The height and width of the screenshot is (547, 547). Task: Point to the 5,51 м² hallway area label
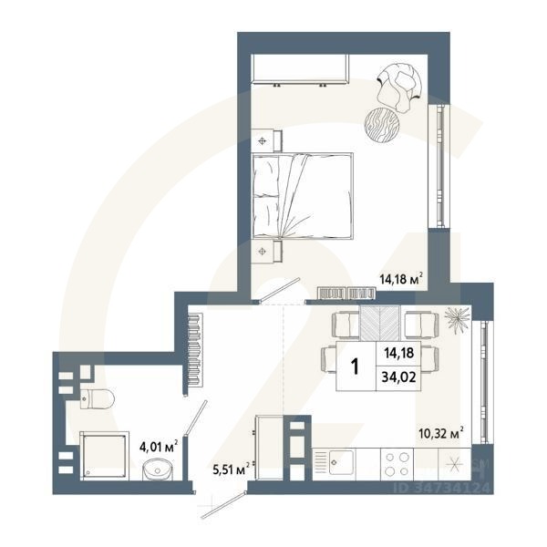click(231, 470)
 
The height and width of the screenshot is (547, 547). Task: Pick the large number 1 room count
click(355, 366)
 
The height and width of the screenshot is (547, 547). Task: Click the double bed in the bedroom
click(302, 195)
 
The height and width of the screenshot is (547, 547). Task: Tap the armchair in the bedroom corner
click(398, 83)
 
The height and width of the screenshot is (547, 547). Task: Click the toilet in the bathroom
click(96, 397)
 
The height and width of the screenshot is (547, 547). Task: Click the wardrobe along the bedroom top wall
click(301, 69)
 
